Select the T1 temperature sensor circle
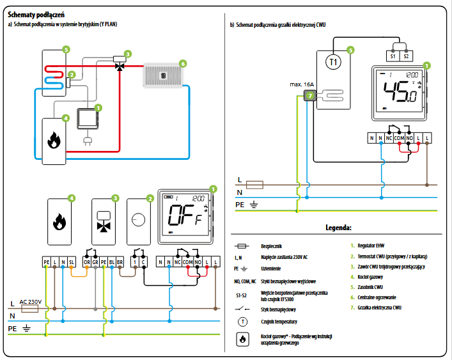(331, 61)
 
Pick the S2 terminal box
(407, 56)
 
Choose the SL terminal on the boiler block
(72, 263)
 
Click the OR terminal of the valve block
(86, 263)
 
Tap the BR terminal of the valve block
(120, 263)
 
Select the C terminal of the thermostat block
(143, 263)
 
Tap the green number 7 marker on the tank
(310, 96)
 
